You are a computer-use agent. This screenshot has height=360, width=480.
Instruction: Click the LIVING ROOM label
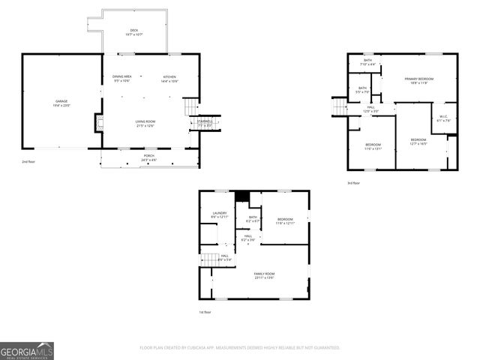click(x=145, y=123)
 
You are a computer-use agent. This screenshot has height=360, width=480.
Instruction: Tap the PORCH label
click(x=149, y=157)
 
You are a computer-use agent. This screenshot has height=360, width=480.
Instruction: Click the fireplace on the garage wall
click(x=98, y=123)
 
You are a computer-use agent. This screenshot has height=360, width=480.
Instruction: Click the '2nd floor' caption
click(x=28, y=161)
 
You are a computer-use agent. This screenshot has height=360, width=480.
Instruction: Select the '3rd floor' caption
click(x=352, y=183)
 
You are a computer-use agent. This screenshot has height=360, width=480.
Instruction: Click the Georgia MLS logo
click(x=27, y=350)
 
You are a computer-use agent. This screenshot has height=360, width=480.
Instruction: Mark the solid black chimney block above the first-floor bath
click(x=241, y=196)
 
